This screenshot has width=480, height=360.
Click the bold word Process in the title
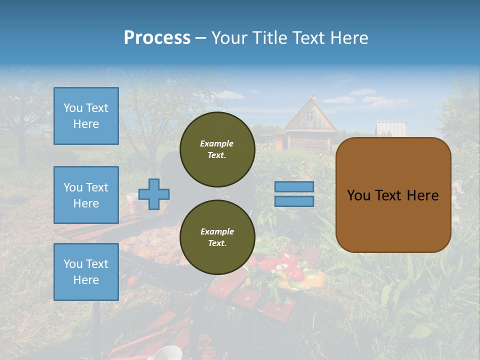(x=157, y=38)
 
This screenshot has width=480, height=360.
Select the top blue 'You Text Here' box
(x=86, y=116)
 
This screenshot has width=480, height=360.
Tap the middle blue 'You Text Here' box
(x=86, y=195)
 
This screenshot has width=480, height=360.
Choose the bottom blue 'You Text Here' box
(x=86, y=272)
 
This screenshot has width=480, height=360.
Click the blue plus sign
(x=154, y=194)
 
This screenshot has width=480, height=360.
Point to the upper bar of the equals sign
(x=294, y=186)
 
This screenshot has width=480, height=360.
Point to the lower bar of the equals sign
(x=294, y=201)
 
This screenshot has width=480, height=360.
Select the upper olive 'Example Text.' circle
(x=217, y=149)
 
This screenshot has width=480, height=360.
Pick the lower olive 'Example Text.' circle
(x=217, y=237)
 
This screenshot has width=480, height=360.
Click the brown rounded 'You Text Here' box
(x=393, y=195)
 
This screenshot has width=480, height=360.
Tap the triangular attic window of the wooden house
(x=310, y=116)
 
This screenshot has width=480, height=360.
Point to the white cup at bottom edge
(x=167, y=353)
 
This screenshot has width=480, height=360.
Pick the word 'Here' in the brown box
(x=422, y=195)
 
